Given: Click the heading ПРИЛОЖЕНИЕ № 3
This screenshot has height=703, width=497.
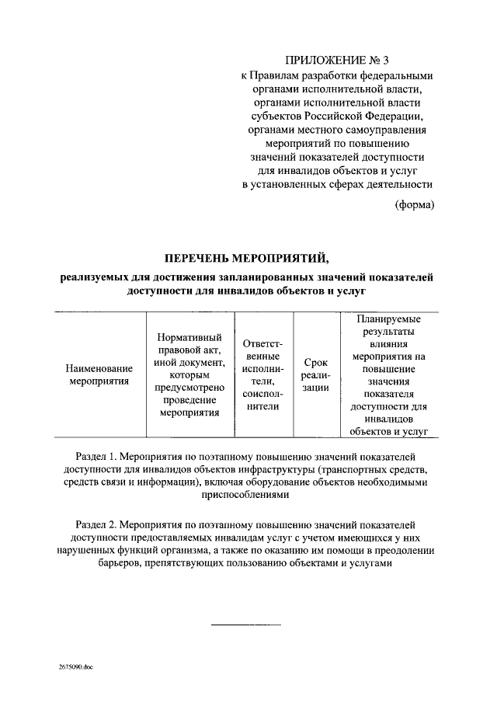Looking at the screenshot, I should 335,60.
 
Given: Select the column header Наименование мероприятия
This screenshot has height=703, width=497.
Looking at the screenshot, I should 99,375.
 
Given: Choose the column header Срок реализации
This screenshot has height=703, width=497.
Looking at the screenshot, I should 315,374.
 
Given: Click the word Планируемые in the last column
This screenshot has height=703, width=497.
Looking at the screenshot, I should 389,319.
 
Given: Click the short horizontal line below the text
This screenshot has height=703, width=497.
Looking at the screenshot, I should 247,623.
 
